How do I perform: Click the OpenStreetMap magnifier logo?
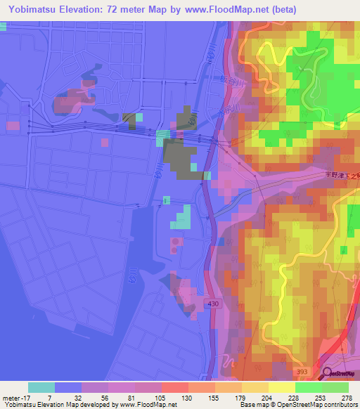328,375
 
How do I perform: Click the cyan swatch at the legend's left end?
41,387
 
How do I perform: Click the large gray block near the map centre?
180,158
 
